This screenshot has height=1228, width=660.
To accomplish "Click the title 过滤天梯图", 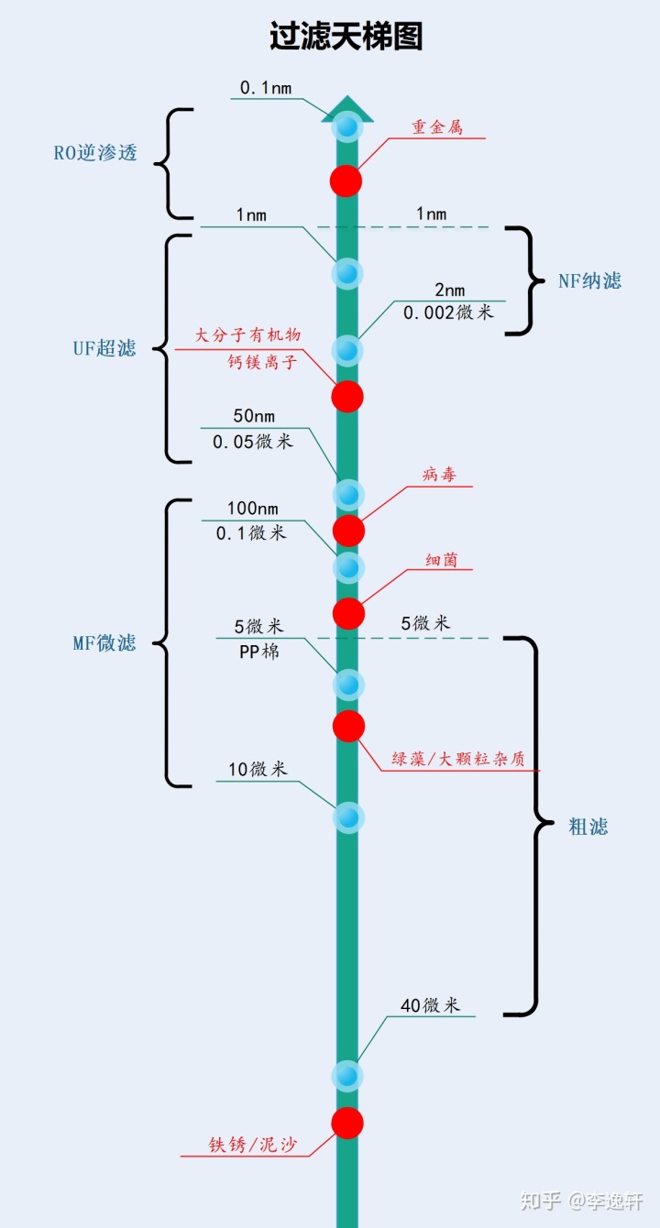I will click(346, 37).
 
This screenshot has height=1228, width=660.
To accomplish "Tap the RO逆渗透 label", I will click(95, 153).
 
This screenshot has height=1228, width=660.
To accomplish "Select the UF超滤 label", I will click(104, 348).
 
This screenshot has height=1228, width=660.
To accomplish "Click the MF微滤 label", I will click(104, 642).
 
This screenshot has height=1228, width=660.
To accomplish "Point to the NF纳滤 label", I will click(589, 281).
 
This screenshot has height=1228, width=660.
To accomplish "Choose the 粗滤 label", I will click(588, 827).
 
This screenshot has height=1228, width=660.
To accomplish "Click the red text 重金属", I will click(436, 127).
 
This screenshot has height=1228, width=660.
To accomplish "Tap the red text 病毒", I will click(438, 475).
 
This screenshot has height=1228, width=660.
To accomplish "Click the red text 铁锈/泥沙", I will click(252, 1146).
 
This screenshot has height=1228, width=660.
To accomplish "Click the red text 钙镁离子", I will click(263, 362).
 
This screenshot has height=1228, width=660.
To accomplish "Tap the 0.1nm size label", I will click(266, 88).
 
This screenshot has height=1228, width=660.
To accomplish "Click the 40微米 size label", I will click(430, 1005).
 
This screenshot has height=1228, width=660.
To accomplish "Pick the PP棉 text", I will click(258, 652).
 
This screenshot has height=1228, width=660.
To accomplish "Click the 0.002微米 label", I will click(448, 312).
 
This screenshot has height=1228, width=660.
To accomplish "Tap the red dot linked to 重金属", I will click(346, 181).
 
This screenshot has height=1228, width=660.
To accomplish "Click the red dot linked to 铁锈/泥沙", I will click(347, 1123).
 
